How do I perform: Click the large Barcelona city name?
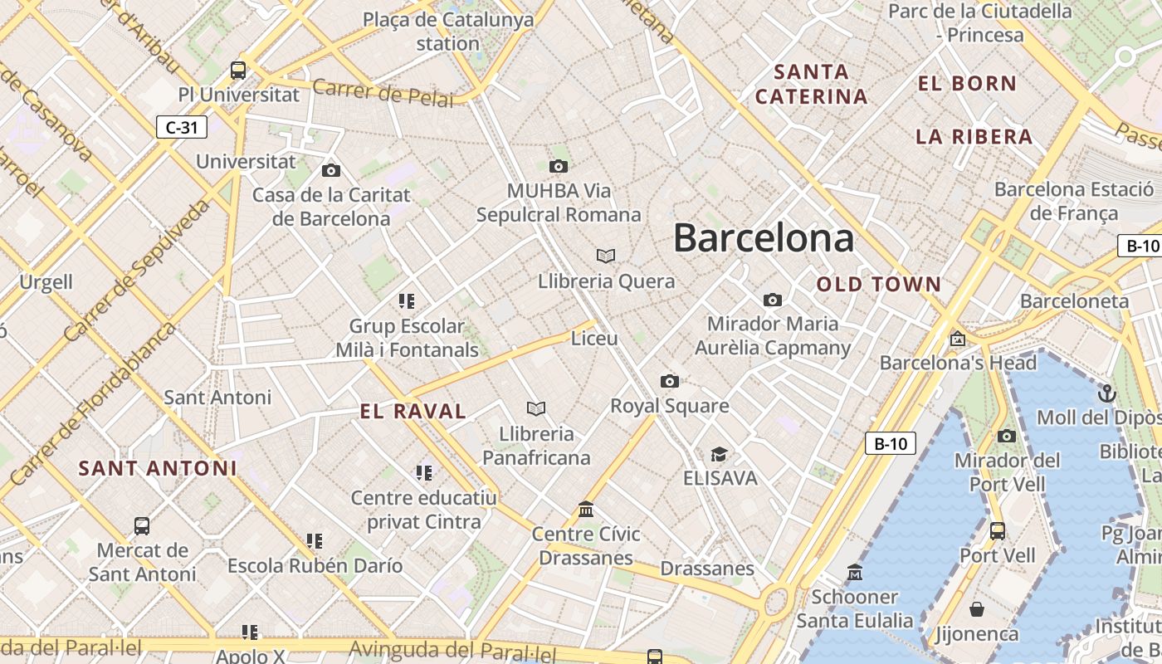pos(763,238)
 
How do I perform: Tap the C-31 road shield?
pos(182,127)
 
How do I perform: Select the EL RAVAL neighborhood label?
pos(413,411)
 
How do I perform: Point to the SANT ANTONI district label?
pos(158,468)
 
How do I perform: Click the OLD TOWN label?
pos(879,285)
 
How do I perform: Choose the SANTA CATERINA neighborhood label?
pos(811,84)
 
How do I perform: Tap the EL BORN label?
pos(967,83)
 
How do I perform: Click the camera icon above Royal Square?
pos(669,381)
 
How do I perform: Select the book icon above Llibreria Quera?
pos(606,256)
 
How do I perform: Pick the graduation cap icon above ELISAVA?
pos(719,454)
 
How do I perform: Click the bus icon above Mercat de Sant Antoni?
pos(142,525)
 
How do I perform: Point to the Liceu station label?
pos(594,339)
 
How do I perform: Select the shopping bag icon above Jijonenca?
pos(977,609)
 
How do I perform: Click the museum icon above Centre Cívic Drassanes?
pos(586,508)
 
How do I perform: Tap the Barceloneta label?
pos(1074,301)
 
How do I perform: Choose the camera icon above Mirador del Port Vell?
pos(1006,436)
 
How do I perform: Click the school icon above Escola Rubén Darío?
pos(314,541)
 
